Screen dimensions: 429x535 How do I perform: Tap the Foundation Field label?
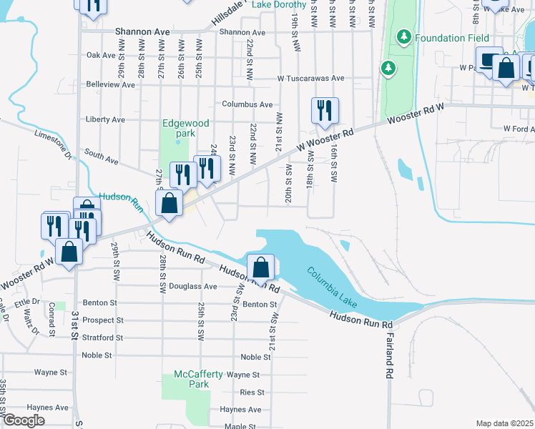(451, 37)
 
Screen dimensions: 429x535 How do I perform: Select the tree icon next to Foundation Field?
(404, 36)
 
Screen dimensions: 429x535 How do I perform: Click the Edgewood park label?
(186, 128)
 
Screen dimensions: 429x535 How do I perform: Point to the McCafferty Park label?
(198, 379)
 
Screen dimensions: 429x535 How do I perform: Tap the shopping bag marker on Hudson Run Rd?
(261, 267)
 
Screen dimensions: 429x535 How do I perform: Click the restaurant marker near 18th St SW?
(324, 110)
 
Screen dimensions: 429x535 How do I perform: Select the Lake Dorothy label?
(280, 4)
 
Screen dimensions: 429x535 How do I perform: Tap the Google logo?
(23, 420)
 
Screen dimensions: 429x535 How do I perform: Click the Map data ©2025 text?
(504, 423)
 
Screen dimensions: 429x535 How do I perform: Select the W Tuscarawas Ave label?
(311, 78)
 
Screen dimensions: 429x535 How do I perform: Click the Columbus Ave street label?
(247, 104)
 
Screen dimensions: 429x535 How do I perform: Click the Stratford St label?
(103, 337)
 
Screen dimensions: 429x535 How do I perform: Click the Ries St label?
(252, 393)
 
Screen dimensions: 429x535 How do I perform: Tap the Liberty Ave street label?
(105, 119)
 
